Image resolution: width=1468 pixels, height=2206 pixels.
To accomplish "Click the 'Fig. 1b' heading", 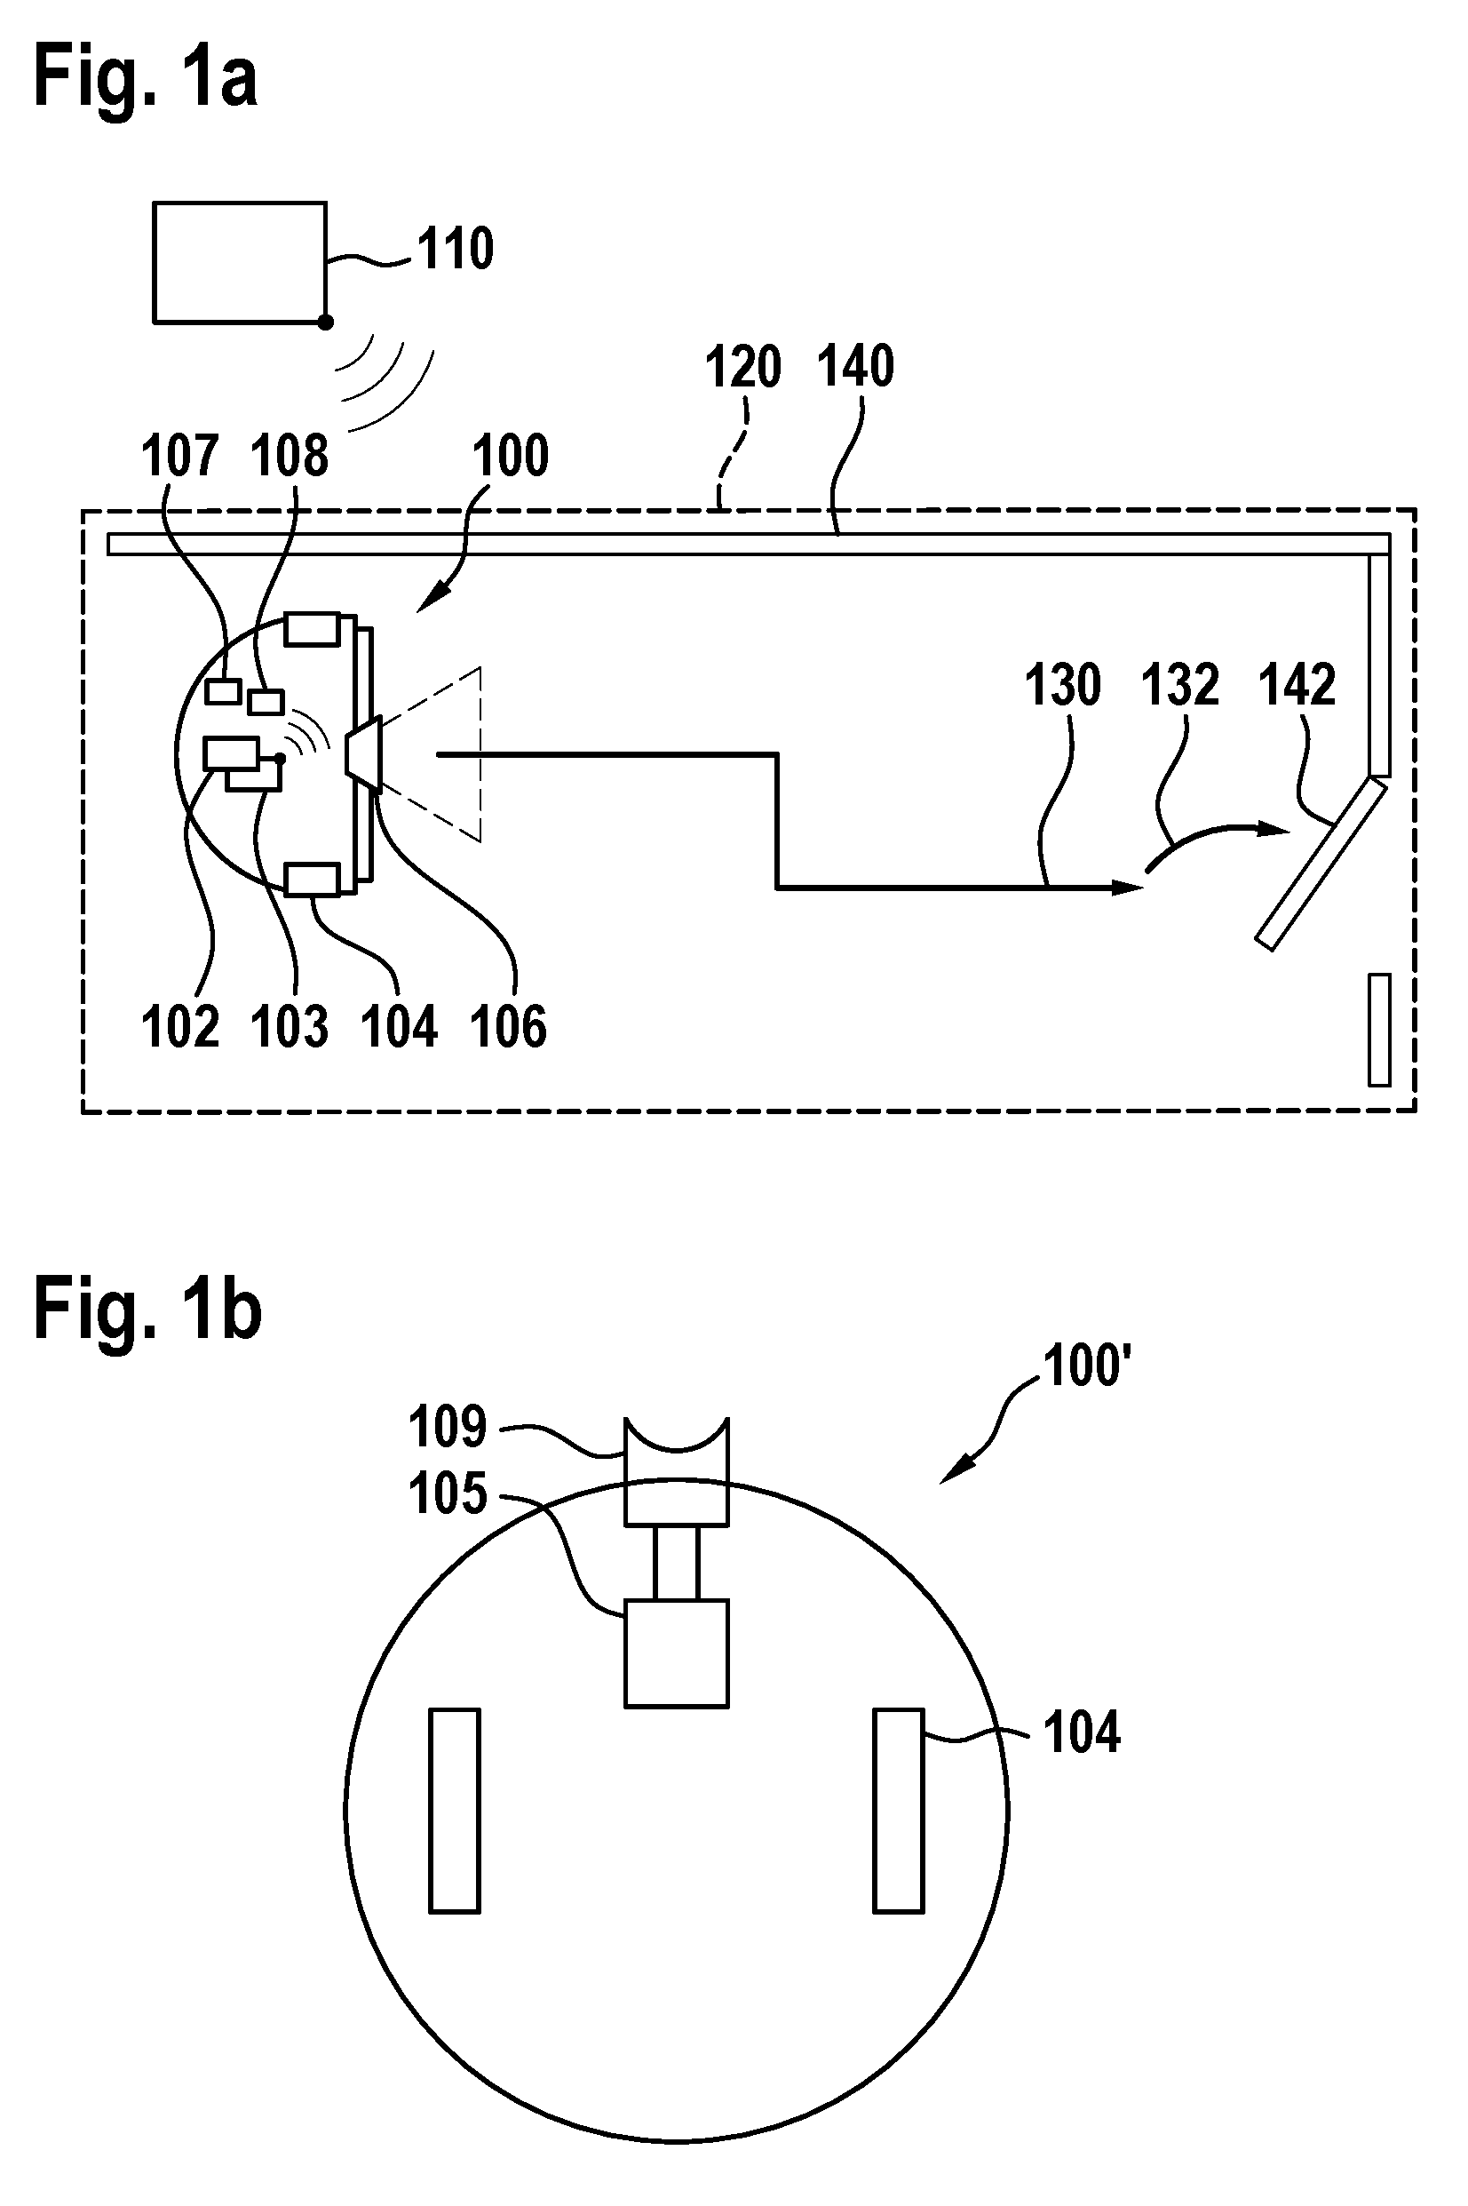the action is coord(148,1310).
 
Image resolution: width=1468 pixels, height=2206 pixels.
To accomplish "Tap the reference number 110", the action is coord(455,249).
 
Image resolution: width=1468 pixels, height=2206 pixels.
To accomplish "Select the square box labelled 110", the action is coord(241,262).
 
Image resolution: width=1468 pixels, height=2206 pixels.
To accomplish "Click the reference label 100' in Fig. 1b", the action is coord(1088,1366).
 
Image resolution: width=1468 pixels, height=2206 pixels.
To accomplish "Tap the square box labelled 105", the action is coord(676,1653).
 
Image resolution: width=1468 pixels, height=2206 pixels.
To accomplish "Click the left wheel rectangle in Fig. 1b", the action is coord(455,1810).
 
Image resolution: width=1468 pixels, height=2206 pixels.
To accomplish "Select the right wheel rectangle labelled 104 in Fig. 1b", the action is coord(899,1810).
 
